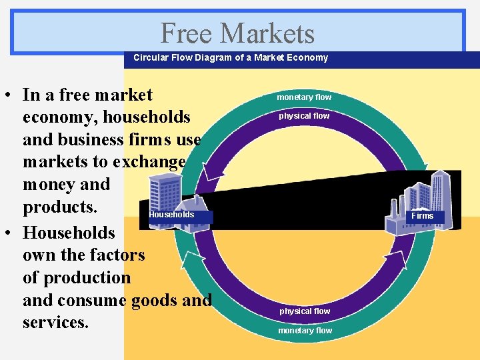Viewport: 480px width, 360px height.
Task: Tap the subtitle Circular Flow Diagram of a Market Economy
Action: pyautogui.click(x=231, y=58)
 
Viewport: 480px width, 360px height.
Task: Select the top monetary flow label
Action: pyautogui.click(x=304, y=97)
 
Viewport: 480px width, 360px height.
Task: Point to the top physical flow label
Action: pyautogui.click(x=304, y=116)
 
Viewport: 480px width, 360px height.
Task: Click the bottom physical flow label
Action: pyautogui.click(x=305, y=311)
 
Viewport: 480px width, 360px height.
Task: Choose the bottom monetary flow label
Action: pyautogui.click(x=305, y=331)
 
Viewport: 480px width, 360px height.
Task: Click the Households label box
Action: pyautogui.click(x=171, y=215)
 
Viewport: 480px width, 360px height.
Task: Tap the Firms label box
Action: pyautogui.click(x=422, y=216)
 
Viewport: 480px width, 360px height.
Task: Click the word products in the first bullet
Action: pyautogui.click(x=60, y=207)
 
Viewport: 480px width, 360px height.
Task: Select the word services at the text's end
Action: pyautogui.click(x=55, y=323)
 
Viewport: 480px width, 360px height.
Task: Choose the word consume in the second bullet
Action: pyautogui.click(x=94, y=300)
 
